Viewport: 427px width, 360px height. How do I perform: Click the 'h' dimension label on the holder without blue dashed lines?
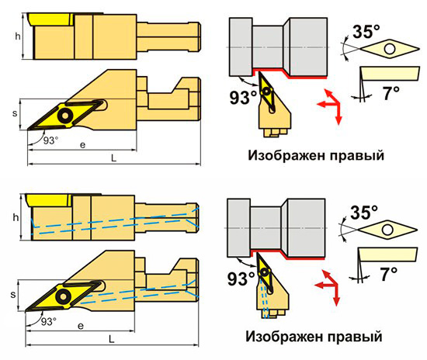pyautogui.click(x=18, y=36)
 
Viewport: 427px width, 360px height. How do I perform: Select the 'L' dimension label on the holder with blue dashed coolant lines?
pyautogui.click(x=112, y=339)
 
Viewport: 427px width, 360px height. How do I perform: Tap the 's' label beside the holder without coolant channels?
pyautogui.click(x=15, y=113)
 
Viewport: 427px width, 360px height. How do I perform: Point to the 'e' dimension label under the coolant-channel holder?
pyautogui.click(x=81, y=326)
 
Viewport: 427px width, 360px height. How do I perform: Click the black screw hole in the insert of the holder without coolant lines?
pyautogui.click(x=65, y=116)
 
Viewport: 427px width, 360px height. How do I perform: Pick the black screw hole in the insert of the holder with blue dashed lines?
pyautogui.click(x=63, y=296)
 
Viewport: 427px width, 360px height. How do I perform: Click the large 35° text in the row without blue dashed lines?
pyautogui.click(x=366, y=32)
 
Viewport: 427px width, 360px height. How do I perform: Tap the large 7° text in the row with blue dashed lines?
pyautogui.click(x=389, y=274)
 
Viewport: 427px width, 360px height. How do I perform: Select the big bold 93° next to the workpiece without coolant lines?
pyautogui.click(x=243, y=98)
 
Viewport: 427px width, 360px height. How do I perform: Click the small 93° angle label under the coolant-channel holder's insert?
pyautogui.click(x=49, y=321)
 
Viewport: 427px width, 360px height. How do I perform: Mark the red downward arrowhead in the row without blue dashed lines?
pyautogui.click(x=338, y=120)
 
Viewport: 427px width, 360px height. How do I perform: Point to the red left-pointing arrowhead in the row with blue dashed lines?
pyautogui.click(x=319, y=286)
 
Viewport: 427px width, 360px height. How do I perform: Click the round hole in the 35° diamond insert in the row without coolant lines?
pyautogui.click(x=390, y=49)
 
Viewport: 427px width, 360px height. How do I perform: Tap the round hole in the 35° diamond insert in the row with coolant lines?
pyautogui.click(x=387, y=230)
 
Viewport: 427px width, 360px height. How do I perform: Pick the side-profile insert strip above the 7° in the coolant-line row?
pyautogui.click(x=387, y=254)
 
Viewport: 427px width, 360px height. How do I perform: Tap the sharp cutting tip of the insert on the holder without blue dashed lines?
pyautogui.click(x=27, y=130)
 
